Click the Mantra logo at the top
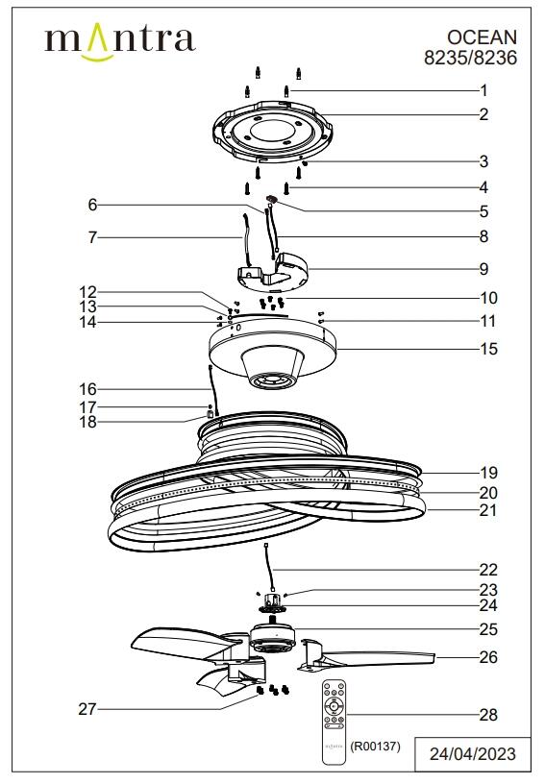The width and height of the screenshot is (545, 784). pyautogui.click(x=120, y=41)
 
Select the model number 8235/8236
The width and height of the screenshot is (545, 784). pyautogui.click(x=470, y=58)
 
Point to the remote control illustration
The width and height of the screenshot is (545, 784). pyautogui.click(x=334, y=719)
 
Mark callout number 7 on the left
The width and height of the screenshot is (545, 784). pyautogui.click(x=92, y=236)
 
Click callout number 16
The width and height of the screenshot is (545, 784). pyautogui.click(x=87, y=389)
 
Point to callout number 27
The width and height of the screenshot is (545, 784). pyautogui.click(x=87, y=710)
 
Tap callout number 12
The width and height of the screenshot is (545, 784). pyautogui.click(x=87, y=291)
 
